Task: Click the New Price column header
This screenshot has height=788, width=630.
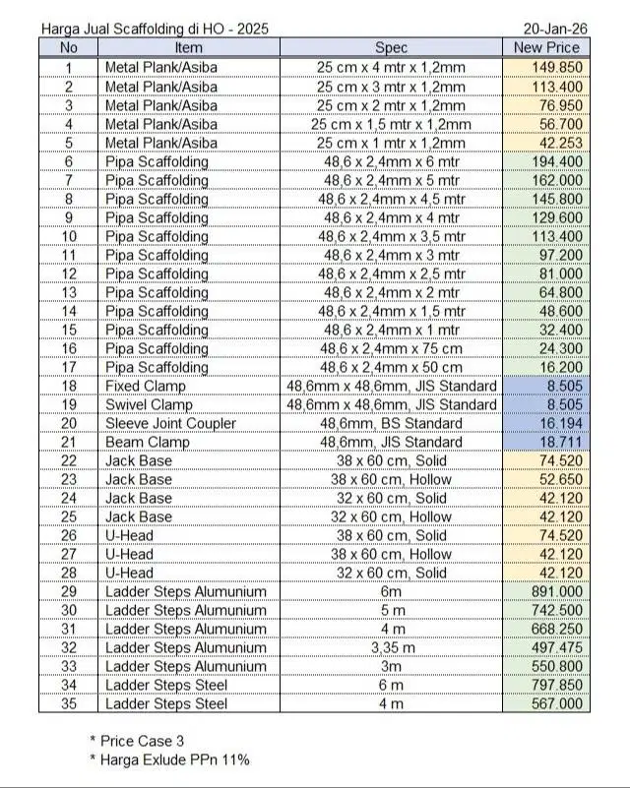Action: pyautogui.click(x=546, y=47)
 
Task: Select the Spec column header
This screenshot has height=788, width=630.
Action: pyautogui.click(x=391, y=47)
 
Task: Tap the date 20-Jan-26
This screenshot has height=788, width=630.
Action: pyautogui.click(x=556, y=30)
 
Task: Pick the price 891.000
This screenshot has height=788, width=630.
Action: pyautogui.click(x=556, y=591)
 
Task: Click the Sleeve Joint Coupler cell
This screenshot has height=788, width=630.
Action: pyautogui.click(x=170, y=423)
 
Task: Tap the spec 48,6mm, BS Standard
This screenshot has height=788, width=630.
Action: pyautogui.click(x=391, y=423)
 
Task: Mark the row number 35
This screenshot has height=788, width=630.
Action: pyautogui.click(x=69, y=703)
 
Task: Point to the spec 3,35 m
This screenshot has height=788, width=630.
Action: pyautogui.click(x=391, y=647)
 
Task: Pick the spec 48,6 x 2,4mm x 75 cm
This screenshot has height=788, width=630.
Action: pyautogui.click(x=391, y=348)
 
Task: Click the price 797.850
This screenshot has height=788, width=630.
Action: pyautogui.click(x=556, y=685)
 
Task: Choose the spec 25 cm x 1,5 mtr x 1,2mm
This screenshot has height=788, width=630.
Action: pyautogui.click(x=391, y=124)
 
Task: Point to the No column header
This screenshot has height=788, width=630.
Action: pyautogui.click(x=69, y=47)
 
